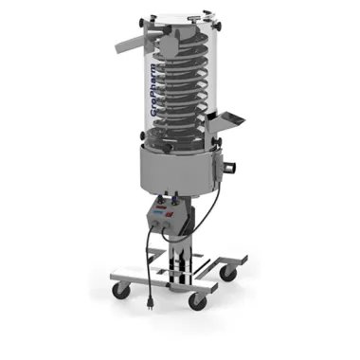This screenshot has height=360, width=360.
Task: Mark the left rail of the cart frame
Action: coord(152,271)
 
